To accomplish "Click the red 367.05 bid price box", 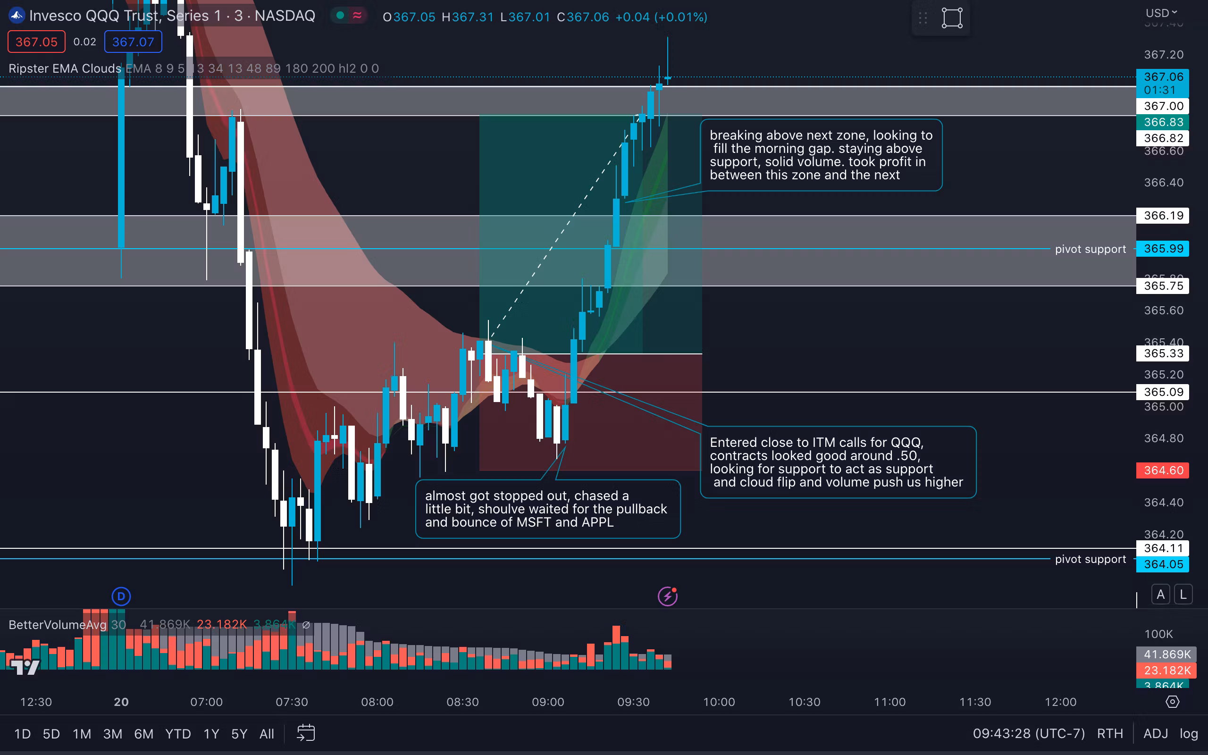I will click(x=36, y=42).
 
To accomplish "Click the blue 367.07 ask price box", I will click(x=133, y=42).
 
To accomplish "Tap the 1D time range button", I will click(x=23, y=733).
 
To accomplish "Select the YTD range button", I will click(x=178, y=733).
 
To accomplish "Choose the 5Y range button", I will click(x=239, y=733).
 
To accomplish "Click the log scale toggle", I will click(x=1189, y=733).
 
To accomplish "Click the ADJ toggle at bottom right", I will click(x=1155, y=733).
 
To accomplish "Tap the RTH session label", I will click(x=1110, y=733).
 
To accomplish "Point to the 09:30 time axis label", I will click(x=633, y=702).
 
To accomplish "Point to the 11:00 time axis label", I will click(x=889, y=702).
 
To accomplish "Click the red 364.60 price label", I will click(x=1163, y=470).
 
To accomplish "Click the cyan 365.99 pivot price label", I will click(x=1163, y=249).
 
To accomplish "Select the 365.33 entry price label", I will click(x=1163, y=353).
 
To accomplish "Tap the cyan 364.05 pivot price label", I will click(x=1163, y=564).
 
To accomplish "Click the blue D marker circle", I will click(x=121, y=596).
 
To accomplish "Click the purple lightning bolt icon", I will click(x=667, y=596).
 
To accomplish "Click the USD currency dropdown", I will click(x=1161, y=13).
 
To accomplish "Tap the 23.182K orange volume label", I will click(x=1166, y=670).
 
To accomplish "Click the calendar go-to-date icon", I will click(x=305, y=733).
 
